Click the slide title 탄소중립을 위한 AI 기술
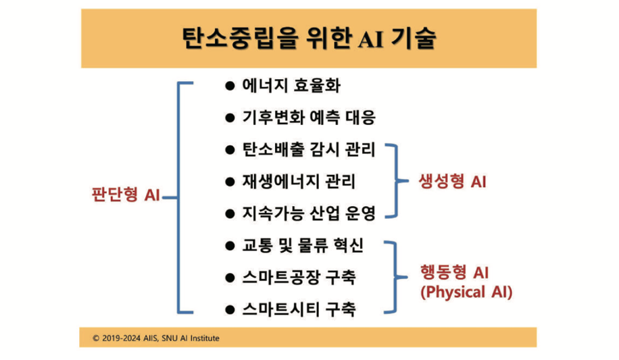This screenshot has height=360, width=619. (309, 38)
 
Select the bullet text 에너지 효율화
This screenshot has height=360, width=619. (291, 86)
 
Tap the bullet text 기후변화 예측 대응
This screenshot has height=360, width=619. (309, 118)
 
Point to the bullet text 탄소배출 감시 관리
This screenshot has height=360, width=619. (309, 149)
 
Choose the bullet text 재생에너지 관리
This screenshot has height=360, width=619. (299, 182)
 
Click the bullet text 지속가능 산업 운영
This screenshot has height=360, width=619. (309, 213)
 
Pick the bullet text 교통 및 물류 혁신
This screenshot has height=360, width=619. (303, 246)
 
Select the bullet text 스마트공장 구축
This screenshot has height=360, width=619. (299, 278)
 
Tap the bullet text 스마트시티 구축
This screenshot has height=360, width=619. (299, 309)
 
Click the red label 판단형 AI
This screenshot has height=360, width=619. (126, 195)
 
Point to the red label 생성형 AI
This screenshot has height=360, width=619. (452, 182)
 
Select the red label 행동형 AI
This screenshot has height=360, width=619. (454, 272)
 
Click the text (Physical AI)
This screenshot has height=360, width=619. (466, 292)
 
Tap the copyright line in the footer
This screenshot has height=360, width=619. (156, 338)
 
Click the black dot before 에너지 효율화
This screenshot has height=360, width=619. (230, 86)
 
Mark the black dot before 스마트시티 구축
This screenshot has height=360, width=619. (230, 310)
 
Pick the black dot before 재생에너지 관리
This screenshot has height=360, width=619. (230, 182)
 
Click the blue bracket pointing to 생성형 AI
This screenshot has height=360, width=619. (396, 181)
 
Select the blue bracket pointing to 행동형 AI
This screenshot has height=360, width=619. (395, 277)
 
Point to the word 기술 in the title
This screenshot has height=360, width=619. (414, 38)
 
